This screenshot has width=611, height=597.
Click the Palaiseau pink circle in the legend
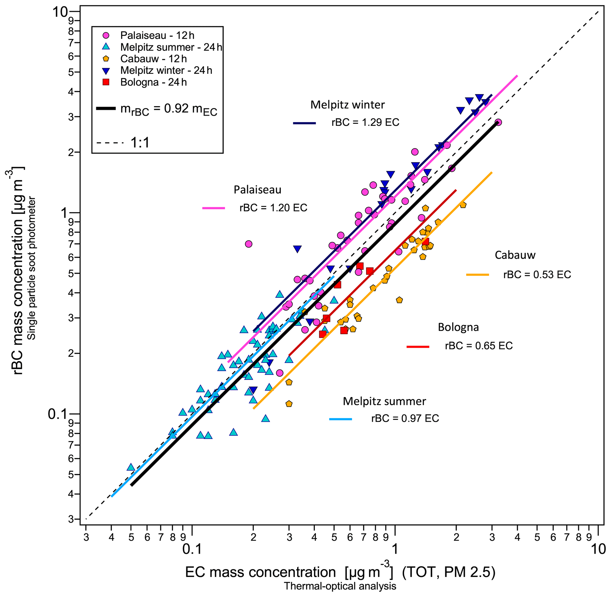point(106,35)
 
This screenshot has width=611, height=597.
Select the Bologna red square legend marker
point(106,82)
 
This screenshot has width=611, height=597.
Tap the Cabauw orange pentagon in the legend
point(106,58)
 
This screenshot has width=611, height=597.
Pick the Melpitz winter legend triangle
point(106,71)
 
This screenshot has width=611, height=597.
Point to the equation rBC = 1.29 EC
point(365,122)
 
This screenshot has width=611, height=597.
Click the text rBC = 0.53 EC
point(537,275)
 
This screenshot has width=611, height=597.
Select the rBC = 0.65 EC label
point(479,346)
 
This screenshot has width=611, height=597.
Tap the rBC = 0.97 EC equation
point(405,418)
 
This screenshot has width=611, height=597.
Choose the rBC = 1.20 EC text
point(273,208)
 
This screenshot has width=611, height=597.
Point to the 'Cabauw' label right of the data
point(515,255)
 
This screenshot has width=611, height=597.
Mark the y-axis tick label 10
point(60,12)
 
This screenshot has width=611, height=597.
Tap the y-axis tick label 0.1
point(58,414)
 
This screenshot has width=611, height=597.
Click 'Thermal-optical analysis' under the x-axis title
point(340,586)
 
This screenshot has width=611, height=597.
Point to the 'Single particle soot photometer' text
point(32,269)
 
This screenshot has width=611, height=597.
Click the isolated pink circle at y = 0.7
point(249,244)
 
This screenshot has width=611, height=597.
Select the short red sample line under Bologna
point(418,347)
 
